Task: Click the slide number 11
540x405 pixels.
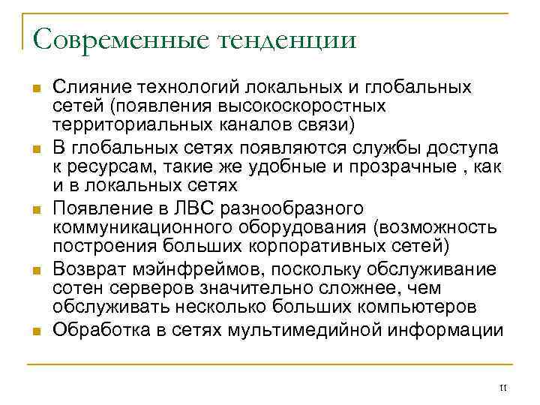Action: (x=502, y=387)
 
